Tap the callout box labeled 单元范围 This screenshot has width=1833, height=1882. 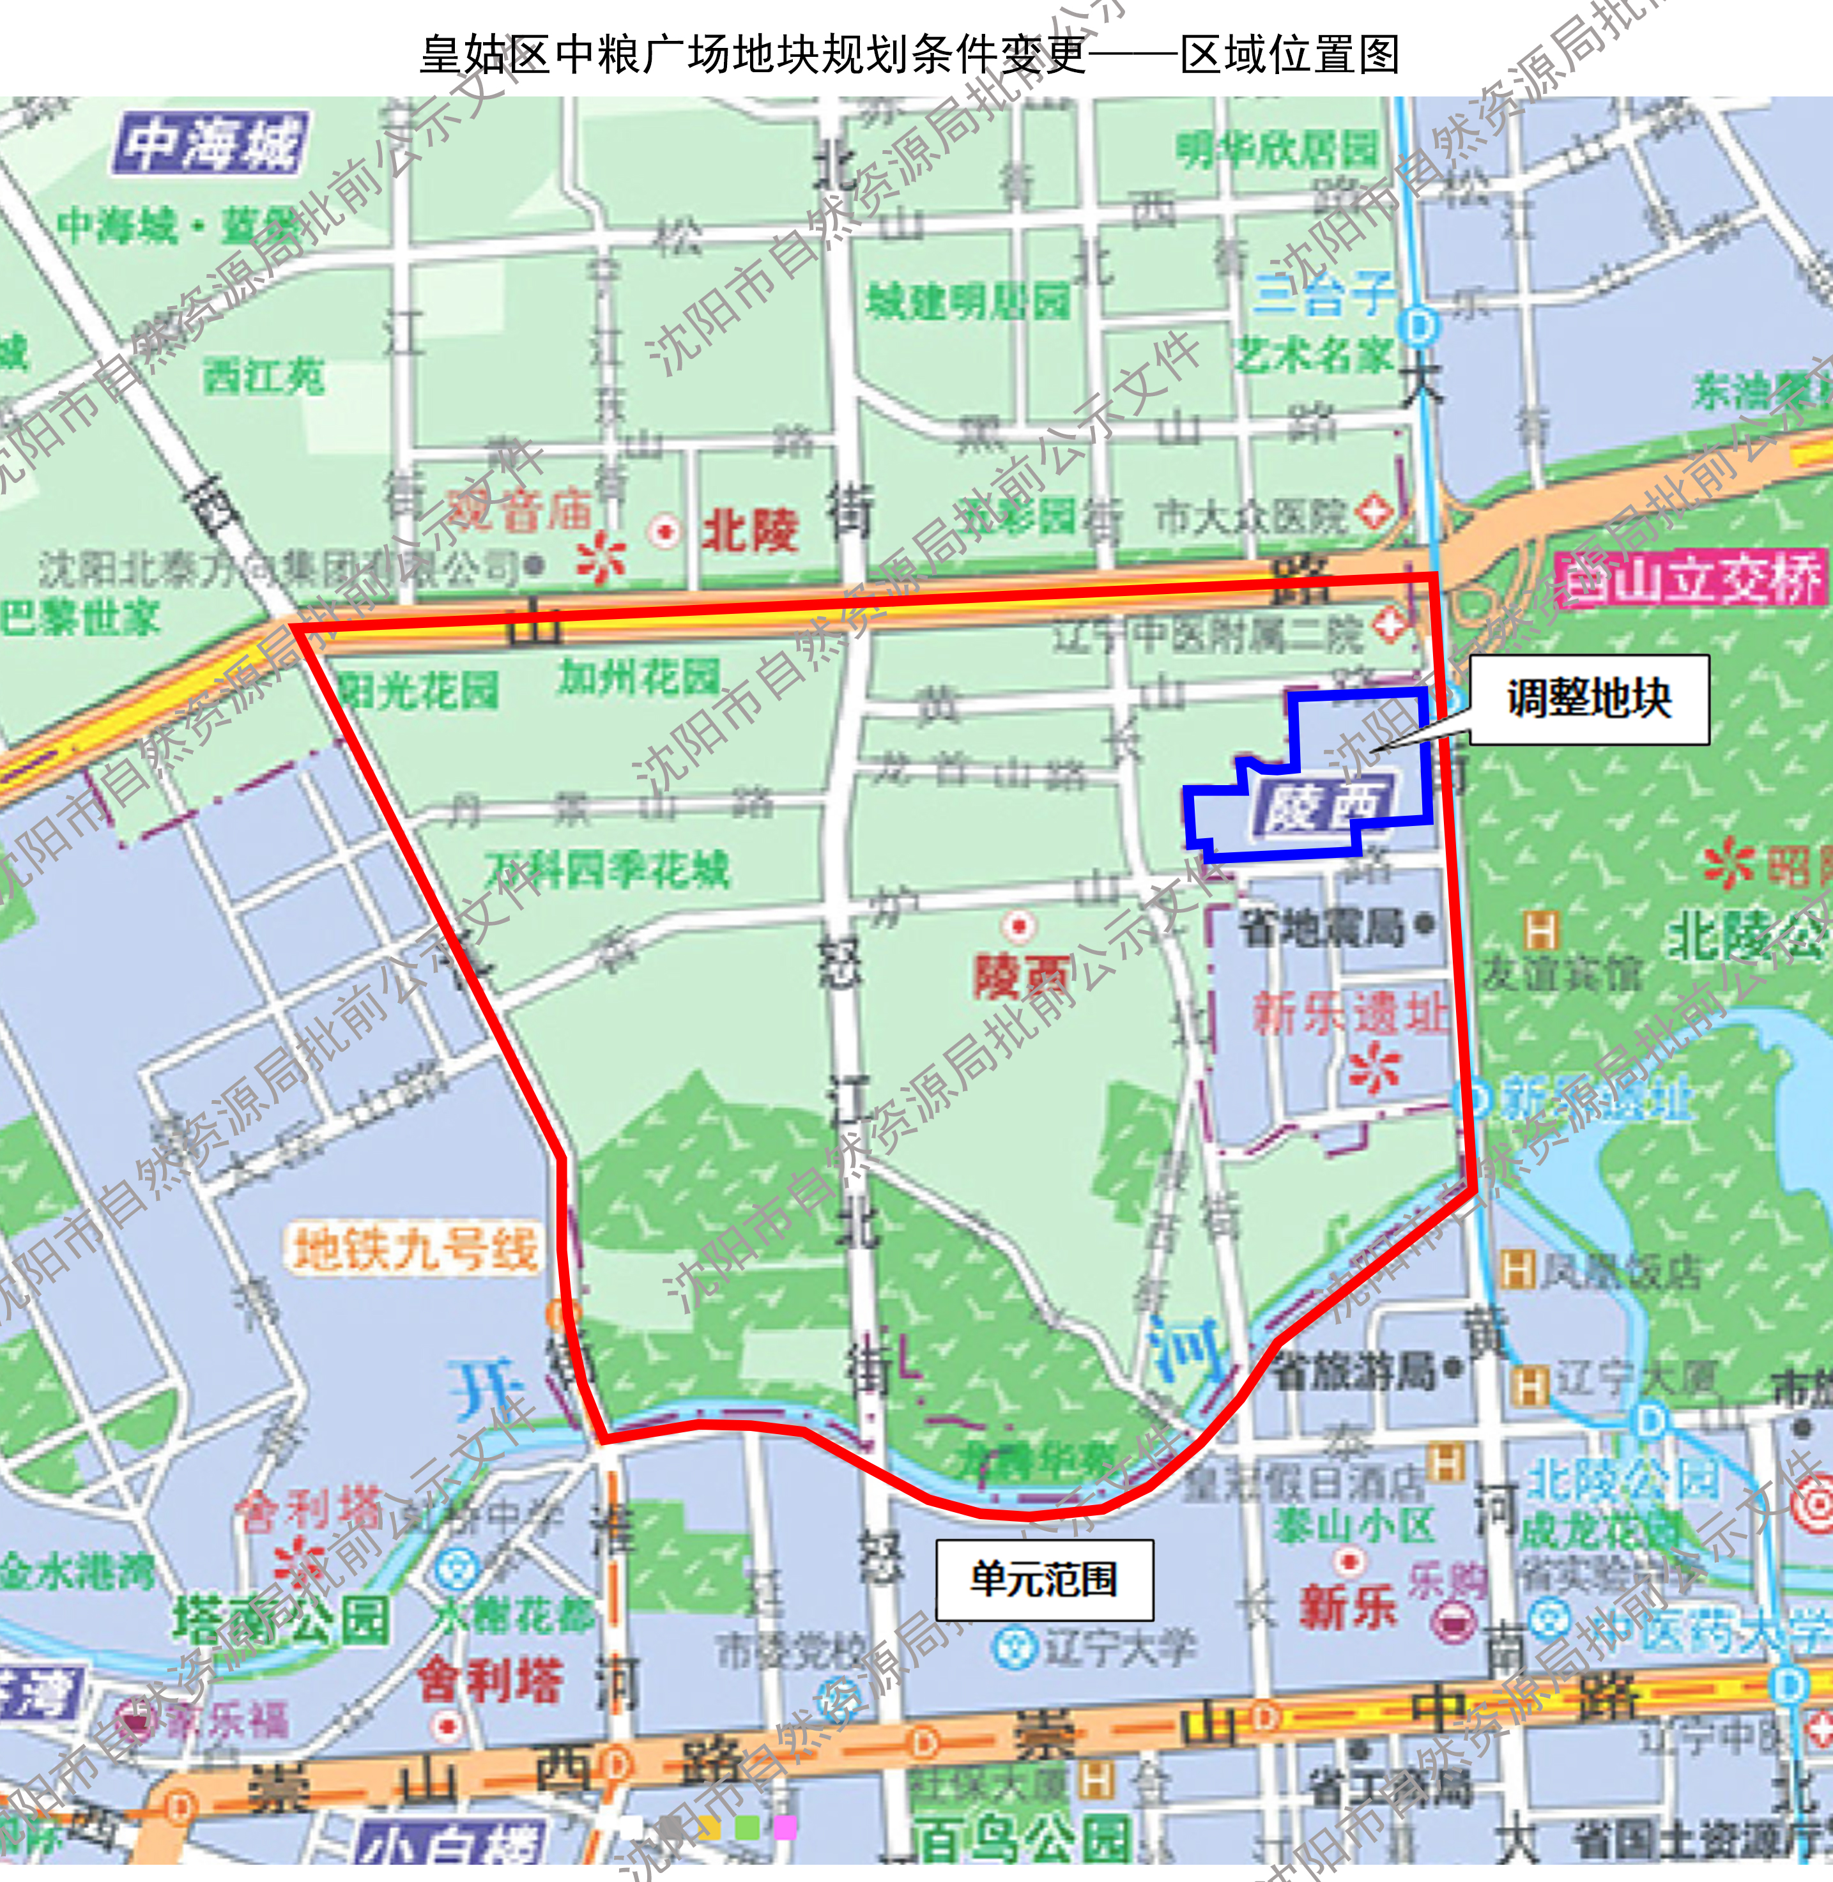coord(1045,1580)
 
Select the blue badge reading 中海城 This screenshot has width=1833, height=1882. coord(212,144)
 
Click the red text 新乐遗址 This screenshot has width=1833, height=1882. coord(1350,1014)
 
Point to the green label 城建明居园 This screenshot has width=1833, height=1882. coord(967,302)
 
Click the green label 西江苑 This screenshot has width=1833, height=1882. coord(263,376)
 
